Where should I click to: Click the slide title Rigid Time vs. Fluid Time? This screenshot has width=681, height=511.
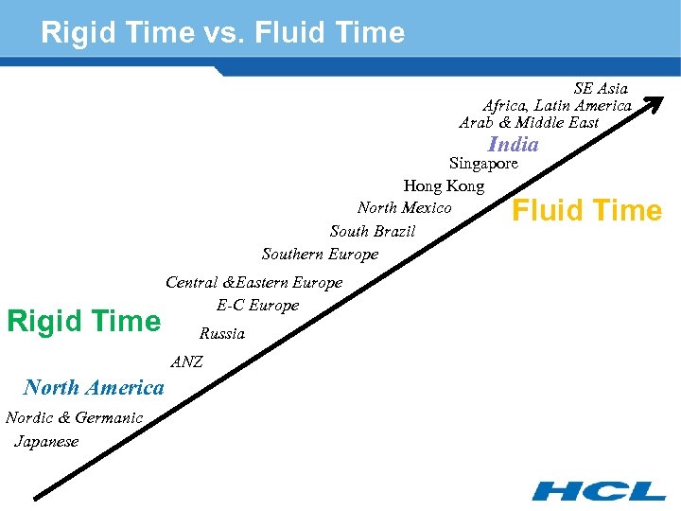(x=222, y=33)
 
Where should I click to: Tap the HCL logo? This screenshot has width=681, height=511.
(x=598, y=490)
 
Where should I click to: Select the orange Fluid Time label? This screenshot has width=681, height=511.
(x=586, y=210)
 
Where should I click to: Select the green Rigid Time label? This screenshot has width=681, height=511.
(x=83, y=321)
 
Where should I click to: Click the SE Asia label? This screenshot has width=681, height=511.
(x=601, y=89)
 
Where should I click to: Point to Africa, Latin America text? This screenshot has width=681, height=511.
(x=557, y=106)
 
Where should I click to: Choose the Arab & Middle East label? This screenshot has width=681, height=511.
(x=529, y=123)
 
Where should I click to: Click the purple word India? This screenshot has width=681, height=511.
(x=513, y=145)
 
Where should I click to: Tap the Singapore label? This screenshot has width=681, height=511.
(x=483, y=164)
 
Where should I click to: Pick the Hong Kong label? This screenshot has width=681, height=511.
(x=444, y=186)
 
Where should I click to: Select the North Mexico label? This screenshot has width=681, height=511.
(x=404, y=208)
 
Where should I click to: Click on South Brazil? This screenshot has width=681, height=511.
(x=372, y=232)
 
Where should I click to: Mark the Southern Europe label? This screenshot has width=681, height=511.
(x=320, y=254)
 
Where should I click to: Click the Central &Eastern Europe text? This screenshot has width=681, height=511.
(x=253, y=282)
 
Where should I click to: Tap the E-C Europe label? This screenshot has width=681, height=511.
(x=257, y=305)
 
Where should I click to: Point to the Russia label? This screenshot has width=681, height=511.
(x=221, y=334)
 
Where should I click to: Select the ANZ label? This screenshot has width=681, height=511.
(x=186, y=361)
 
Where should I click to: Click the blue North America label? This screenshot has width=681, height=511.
(x=94, y=387)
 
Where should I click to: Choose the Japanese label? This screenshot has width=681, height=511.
(x=46, y=442)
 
